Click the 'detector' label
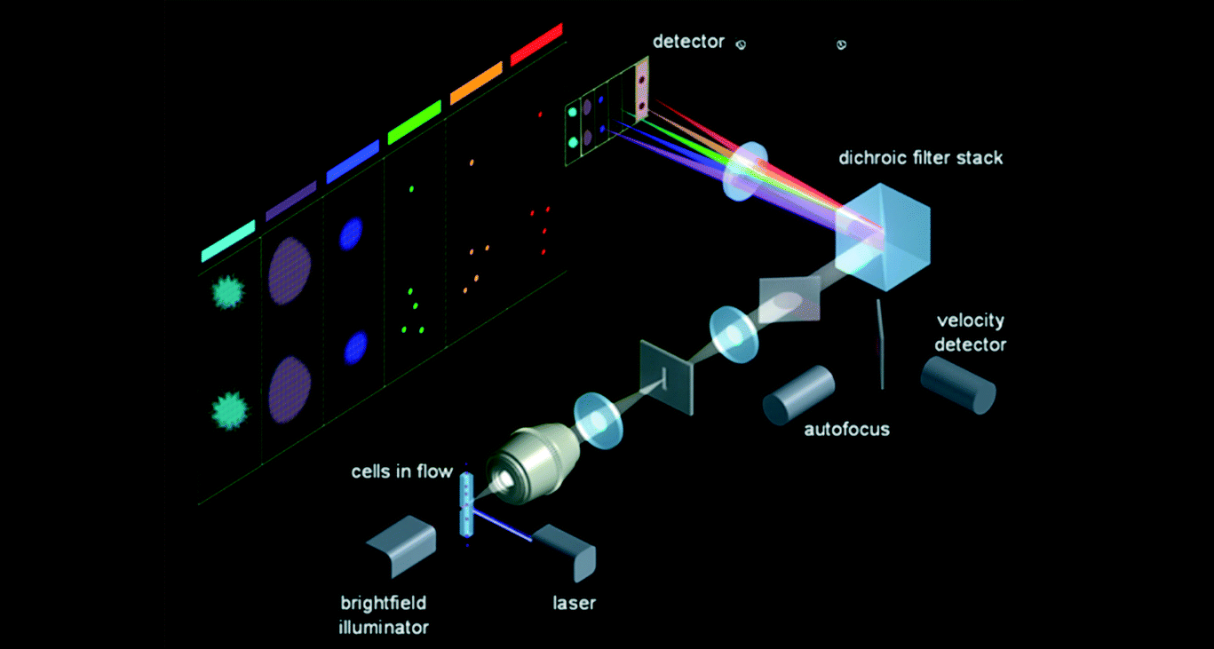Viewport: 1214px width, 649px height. (688, 42)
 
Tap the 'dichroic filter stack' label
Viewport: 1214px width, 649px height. (921, 158)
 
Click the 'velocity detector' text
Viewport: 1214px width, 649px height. (970, 332)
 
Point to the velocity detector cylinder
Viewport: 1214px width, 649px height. (957, 384)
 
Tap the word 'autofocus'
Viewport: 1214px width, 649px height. (846, 430)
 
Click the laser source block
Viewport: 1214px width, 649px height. (566, 550)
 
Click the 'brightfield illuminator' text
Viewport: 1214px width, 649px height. (384, 615)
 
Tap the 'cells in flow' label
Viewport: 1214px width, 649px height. (401, 471)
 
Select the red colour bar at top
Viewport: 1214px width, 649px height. (536, 44)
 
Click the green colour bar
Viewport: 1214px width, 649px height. (414, 123)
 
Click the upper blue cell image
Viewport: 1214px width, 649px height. (352, 233)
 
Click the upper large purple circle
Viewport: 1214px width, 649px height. (290, 270)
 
